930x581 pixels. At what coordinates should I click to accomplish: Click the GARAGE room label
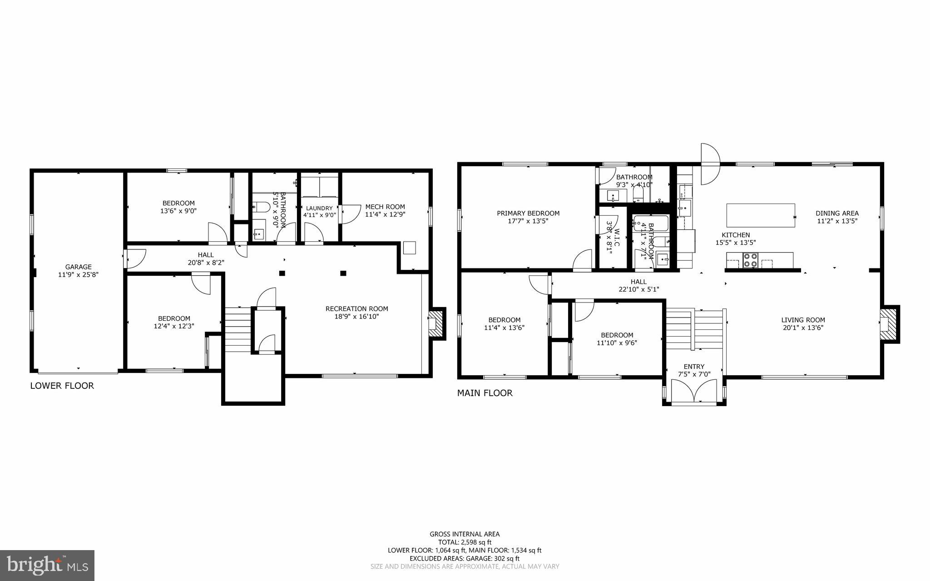tap(78, 267)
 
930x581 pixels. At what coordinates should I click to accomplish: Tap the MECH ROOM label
tap(385, 207)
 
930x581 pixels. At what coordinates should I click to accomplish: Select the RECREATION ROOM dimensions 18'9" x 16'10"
tap(356, 317)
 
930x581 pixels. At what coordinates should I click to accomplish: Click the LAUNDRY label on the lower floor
tap(319, 208)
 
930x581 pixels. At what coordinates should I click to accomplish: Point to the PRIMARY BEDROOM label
tap(528, 213)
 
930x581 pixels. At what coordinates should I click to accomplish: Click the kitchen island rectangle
tap(761, 215)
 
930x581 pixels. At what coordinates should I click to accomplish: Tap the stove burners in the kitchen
tap(750, 260)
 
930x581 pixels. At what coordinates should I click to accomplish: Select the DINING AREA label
tap(837, 213)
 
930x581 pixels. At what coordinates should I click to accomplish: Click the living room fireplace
tap(889, 323)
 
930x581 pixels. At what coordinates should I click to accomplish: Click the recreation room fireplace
tap(436, 323)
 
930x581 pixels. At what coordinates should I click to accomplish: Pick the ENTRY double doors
tap(694, 392)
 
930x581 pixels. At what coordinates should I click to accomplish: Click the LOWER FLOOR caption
tap(62, 386)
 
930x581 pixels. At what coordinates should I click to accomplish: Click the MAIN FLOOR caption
tap(485, 393)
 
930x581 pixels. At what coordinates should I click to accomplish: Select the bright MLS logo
tap(47, 565)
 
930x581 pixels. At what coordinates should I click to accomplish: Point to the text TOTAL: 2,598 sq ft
tap(465, 542)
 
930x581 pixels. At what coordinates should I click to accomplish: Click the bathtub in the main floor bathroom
tap(651, 224)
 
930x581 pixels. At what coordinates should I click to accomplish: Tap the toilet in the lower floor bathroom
tap(262, 208)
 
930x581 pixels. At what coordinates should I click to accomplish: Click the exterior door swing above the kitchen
tap(710, 164)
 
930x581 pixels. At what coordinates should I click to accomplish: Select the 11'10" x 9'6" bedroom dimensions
tap(617, 343)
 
